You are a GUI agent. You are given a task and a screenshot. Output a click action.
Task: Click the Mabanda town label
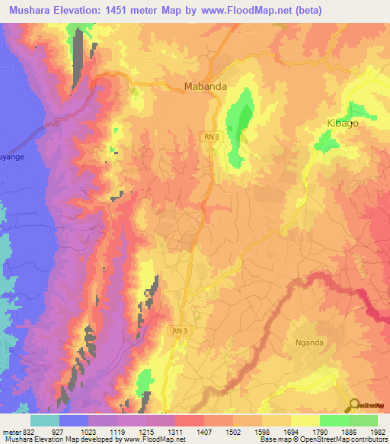pyautogui.click(x=205, y=87)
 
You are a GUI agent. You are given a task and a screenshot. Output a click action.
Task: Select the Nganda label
pyautogui.click(x=308, y=343)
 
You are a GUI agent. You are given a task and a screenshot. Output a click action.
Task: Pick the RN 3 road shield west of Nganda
pyautogui.click(x=177, y=329)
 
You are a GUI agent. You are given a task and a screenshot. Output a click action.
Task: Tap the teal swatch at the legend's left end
pyautogui.click(x=45, y=420)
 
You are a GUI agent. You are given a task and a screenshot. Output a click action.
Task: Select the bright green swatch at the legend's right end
pyautogui.click(x=363, y=420)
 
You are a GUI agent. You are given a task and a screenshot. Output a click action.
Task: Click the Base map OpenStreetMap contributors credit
pyautogui.click(x=324, y=440)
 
